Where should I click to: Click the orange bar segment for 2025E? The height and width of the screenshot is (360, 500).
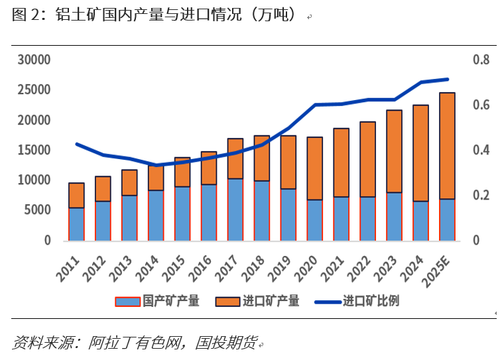point(447,146)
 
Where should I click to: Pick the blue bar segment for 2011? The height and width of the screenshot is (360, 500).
point(76,224)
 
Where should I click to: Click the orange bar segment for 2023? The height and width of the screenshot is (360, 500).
point(394,151)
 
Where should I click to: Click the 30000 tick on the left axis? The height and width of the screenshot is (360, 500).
point(34,60)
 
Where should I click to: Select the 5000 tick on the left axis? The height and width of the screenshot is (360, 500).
point(38,210)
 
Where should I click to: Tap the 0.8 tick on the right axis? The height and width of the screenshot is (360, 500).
point(480,60)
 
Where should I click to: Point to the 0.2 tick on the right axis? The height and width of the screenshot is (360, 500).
point(480,196)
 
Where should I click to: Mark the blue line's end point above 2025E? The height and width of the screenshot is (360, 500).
point(447,80)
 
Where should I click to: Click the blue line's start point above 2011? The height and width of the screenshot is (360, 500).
point(76,144)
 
